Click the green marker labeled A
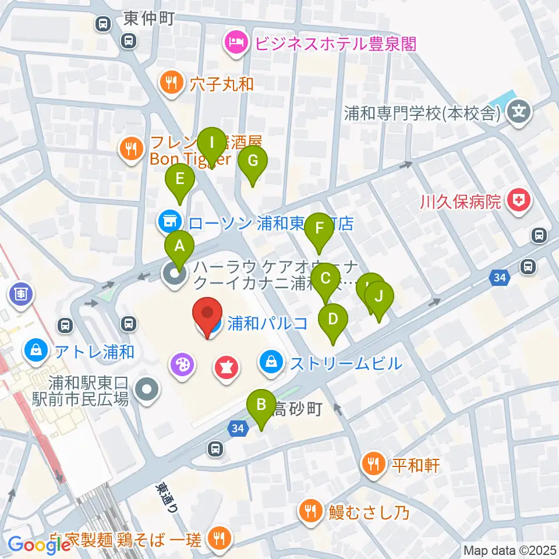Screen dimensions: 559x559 pos(180,247)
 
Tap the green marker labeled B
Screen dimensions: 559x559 pos(261,405)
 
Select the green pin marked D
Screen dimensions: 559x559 pos(333,320)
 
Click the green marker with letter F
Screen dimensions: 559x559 pos(319,229)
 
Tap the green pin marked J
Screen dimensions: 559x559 pos(379,298)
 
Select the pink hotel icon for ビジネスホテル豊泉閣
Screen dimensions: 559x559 pos(235,44)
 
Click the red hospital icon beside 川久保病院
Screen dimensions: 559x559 pos(517,201)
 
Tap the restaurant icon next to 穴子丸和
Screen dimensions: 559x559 pos(170,83)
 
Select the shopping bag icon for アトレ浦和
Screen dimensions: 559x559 pos(36,351)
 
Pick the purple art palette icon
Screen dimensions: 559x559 pos(181,366)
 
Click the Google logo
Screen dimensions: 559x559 pos(40,544)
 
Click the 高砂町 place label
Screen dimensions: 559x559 pos(297,409)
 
